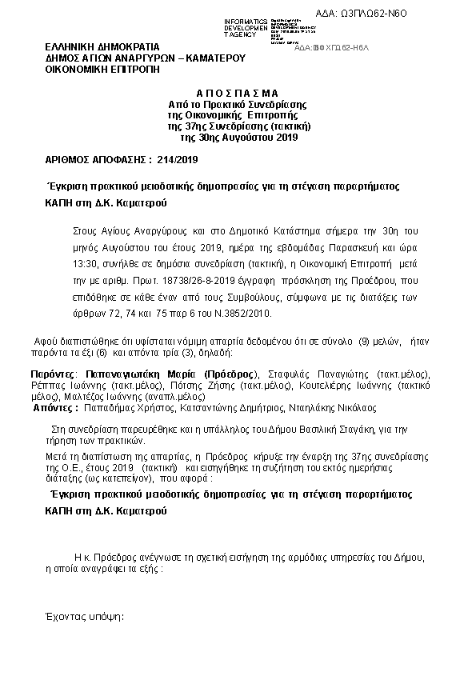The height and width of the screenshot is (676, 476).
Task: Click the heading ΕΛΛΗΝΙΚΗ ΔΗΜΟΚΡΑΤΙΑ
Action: pyautogui.click(x=102, y=46)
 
